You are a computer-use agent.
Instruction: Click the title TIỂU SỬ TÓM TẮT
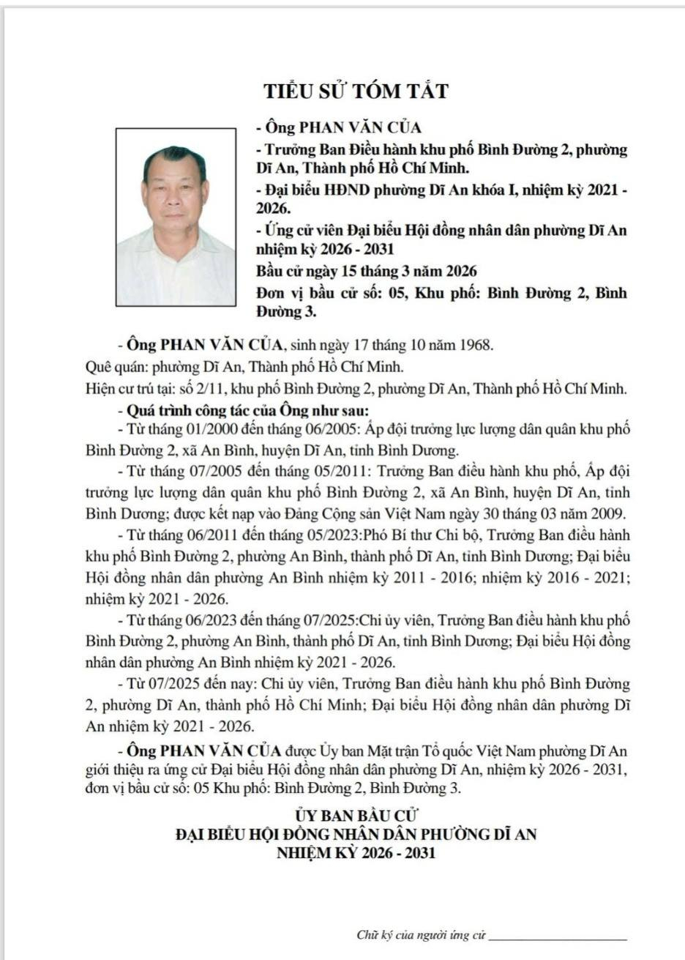click(x=356, y=92)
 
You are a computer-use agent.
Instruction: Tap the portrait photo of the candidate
click(x=176, y=217)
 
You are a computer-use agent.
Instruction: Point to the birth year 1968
click(x=477, y=343)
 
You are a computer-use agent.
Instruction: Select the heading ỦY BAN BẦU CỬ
click(x=356, y=815)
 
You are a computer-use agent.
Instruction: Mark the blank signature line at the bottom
click(x=557, y=938)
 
